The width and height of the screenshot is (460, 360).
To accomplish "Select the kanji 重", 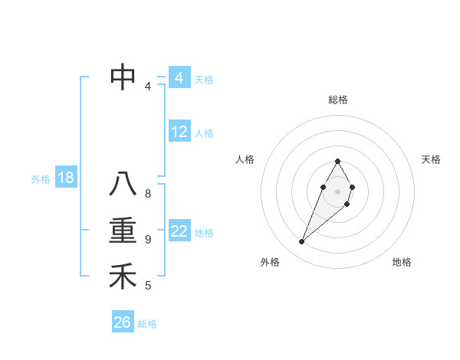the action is [x=123, y=231].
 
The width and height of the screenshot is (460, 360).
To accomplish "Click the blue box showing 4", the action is [x=179, y=78].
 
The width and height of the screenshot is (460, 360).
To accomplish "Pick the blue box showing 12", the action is [x=179, y=132].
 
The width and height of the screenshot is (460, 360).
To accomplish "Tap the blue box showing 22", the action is [x=179, y=231].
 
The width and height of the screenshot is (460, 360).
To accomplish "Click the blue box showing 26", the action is [x=123, y=322].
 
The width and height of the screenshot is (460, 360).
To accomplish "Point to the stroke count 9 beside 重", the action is [x=148, y=240].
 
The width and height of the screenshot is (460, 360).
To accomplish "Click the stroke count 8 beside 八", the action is [x=148, y=194].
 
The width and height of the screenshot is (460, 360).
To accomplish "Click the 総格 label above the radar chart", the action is [x=337, y=100].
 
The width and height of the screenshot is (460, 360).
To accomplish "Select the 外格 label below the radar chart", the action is [x=270, y=262].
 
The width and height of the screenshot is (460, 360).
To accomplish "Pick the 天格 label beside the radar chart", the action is [x=431, y=159].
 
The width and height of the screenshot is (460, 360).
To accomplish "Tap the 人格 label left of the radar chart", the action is [x=245, y=159].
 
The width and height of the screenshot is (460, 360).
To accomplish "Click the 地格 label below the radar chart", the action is [x=402, y=262].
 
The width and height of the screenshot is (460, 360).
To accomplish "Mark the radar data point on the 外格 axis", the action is [x=301, y=242].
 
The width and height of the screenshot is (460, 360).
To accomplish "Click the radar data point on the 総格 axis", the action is [x=337, y=161].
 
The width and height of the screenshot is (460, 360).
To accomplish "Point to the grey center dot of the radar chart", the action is [x=337, y=191].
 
